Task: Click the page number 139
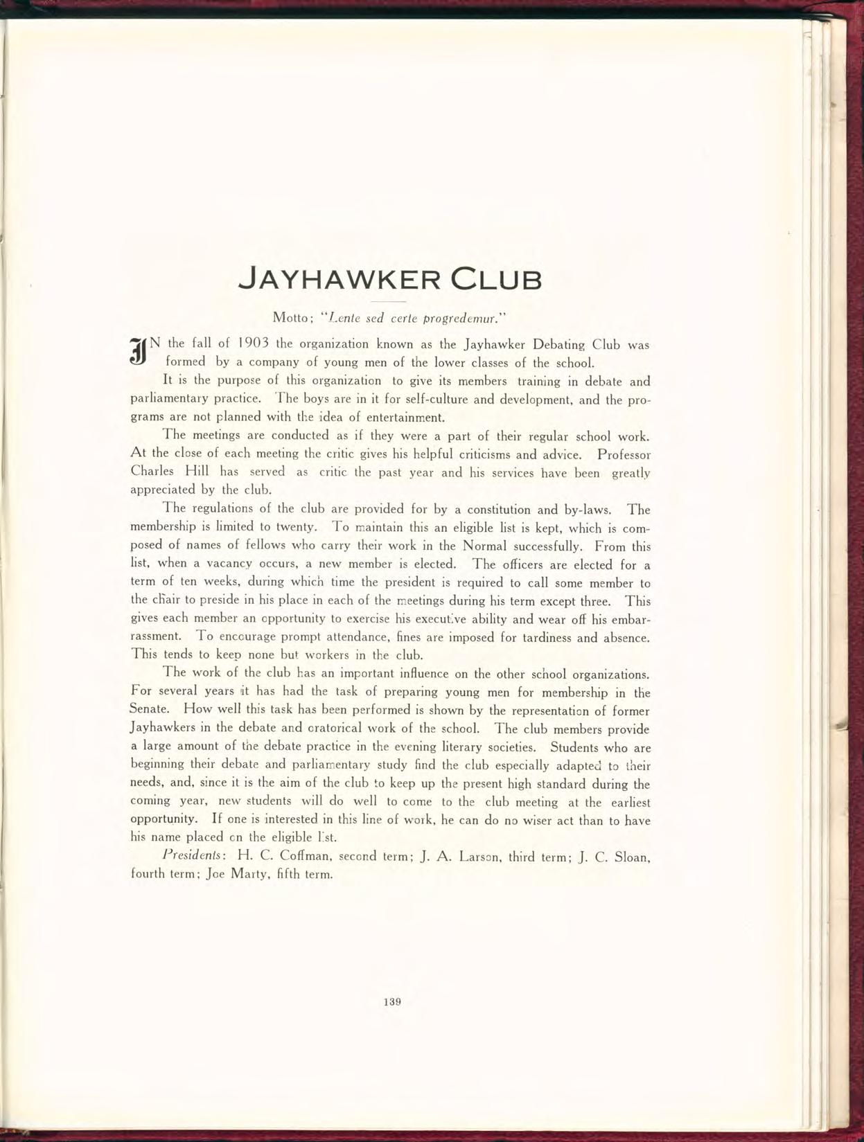[393, 1001]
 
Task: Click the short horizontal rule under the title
[389, 303]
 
